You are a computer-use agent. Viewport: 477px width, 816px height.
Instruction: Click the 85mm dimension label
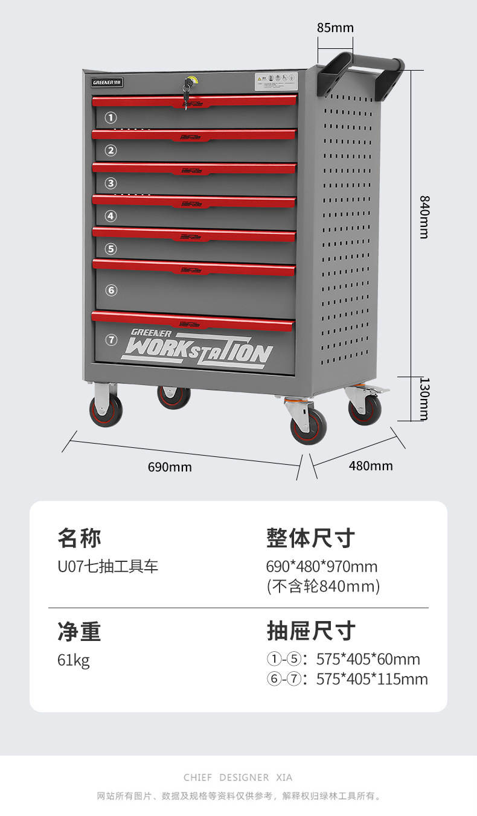[335, 28]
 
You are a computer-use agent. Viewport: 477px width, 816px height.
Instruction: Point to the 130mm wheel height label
[424, 399]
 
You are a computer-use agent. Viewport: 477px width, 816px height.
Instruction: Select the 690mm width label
[170, 467]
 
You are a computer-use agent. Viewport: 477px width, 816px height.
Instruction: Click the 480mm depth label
[371, 466]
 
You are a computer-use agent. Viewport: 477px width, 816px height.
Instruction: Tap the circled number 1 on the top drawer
[111, 118]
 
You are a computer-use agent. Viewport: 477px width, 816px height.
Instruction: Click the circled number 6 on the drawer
[111, 290]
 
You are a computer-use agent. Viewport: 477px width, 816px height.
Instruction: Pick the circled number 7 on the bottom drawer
[111, 340]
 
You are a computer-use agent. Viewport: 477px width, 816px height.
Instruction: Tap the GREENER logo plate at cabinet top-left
[107, 81]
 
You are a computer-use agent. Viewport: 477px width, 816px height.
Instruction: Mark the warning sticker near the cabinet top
[275, 80]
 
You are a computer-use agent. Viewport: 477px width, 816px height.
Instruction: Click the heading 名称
[79, 537]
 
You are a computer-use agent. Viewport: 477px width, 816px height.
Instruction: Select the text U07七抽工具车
[107, 567]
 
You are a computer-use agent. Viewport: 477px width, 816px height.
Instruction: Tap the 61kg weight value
[73, 660]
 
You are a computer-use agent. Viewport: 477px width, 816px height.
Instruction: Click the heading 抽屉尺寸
[311, 631]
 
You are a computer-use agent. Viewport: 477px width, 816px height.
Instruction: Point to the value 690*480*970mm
[321, 567]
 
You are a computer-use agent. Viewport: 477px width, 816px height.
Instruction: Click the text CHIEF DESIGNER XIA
[238, 777]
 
